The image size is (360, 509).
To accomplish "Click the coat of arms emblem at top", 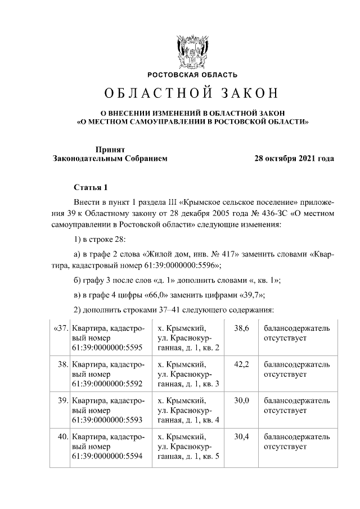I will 191,51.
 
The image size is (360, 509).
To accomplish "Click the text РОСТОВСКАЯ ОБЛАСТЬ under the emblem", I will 192,75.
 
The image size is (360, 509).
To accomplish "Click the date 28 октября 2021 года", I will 294,159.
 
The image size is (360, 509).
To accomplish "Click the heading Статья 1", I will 89,187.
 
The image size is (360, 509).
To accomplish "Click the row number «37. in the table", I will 60,328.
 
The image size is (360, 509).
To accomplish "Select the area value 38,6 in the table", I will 241,328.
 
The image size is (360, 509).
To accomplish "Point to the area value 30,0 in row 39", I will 241,400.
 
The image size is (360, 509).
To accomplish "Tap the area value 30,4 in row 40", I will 241,436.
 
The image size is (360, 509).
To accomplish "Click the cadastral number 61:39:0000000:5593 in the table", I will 107,420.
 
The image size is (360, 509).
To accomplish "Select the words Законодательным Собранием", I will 110,159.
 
